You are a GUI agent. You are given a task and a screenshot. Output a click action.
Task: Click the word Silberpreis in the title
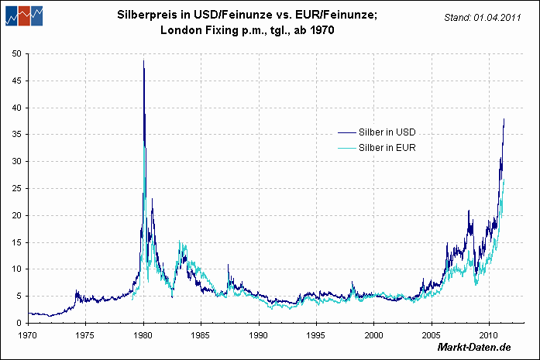(x=144, y=14)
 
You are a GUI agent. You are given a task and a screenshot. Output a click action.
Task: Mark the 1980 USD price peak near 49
(x=143, y=61)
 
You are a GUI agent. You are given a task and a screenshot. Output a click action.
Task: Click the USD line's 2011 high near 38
(x=504, y=119)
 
